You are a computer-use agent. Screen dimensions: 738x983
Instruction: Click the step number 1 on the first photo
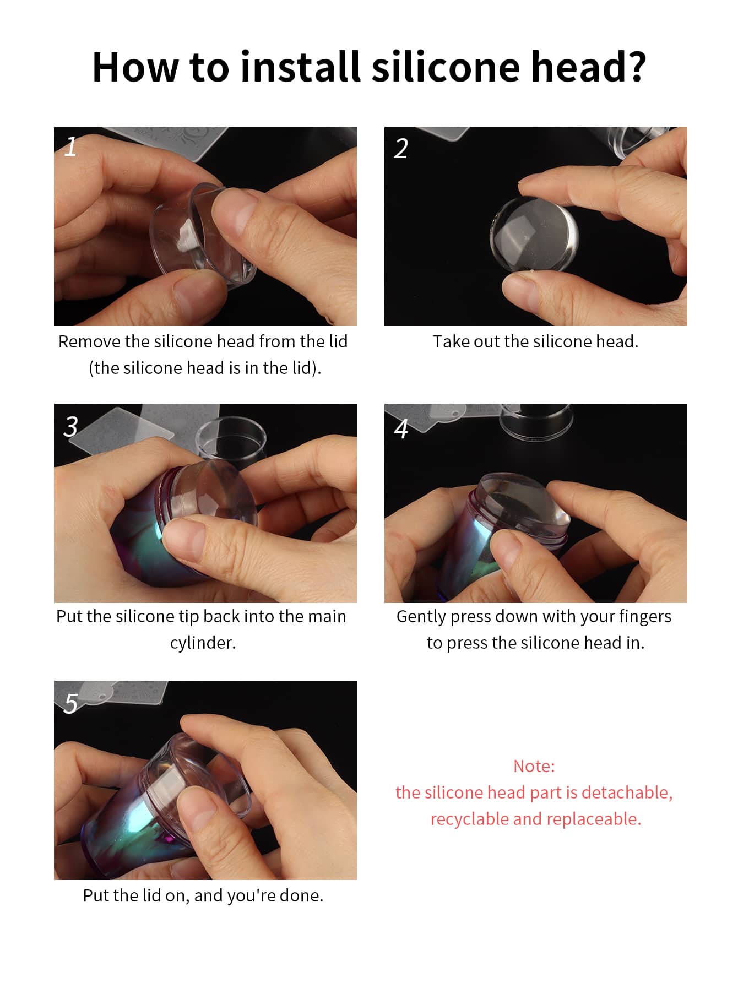pos(70,147)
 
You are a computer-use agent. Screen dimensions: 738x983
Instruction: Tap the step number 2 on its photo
pos(401,148)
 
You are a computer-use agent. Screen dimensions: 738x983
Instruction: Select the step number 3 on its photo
pos(71,426)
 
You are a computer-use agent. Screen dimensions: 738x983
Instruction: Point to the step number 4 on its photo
pos(401,428)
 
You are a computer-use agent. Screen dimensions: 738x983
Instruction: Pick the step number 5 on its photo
pos(71,703)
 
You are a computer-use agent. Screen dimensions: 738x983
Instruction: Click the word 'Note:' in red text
pos(534,766)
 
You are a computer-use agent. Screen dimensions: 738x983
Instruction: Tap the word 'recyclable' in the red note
pos(470,819)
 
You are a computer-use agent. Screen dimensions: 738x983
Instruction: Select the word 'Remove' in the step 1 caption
pos(90,341)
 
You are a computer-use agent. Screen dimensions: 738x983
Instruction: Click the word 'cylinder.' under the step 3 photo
pos(203,643)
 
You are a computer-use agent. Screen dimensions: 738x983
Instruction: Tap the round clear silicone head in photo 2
pos(533,234)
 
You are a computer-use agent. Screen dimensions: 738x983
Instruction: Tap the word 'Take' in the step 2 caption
pos(451,341)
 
